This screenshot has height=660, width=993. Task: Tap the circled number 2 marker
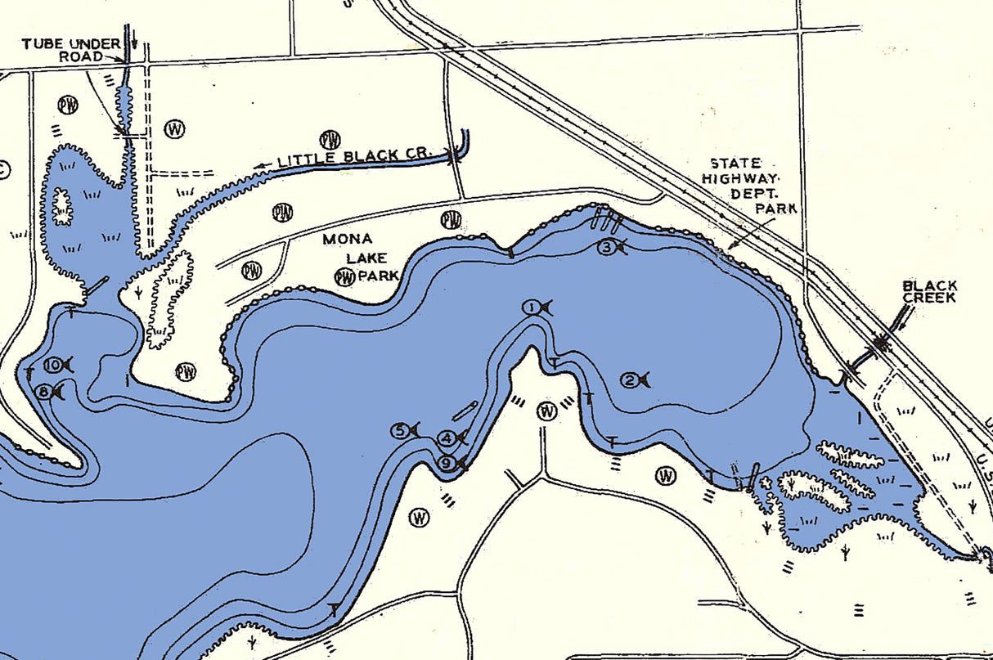pos(630,379)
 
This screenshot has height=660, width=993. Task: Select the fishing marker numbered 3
pos(606,247)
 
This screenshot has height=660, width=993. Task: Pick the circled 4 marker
pos(447,438)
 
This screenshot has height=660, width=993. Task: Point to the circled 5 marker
pos(400,431)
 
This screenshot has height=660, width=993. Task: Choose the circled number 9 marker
pos(447,464)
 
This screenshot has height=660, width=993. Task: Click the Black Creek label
pos(929,292)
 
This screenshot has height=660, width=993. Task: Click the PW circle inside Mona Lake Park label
pos(345,277)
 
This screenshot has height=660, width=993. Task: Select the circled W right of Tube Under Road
pos(174,128)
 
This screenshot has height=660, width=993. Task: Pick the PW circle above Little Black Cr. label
pos(330,139)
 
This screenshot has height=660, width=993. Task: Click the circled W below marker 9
pos(420,517)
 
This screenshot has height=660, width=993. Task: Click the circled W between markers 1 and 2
pos(547,411)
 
